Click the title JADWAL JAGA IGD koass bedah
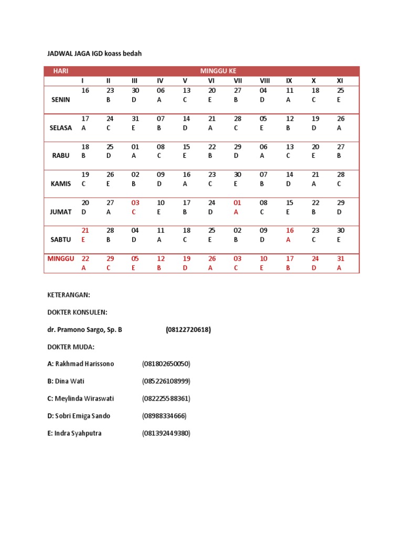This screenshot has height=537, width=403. [94, 53]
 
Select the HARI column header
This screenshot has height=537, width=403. [61, 71]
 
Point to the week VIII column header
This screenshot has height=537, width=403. [264, 81]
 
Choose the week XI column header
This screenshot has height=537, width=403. [340, 81]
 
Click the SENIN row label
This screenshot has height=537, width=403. [61, 100]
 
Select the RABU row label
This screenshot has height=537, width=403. [61, 156]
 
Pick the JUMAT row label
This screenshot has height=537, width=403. [61, 212]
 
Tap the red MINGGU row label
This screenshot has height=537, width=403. [61, 259]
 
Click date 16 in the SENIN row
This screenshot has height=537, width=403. [86, 91]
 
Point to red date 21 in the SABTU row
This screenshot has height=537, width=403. [86, 231]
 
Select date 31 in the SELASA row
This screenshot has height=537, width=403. [135, 119]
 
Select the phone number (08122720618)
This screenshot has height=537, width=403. [188, 330]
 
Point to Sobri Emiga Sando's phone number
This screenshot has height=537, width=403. [164, 416]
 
